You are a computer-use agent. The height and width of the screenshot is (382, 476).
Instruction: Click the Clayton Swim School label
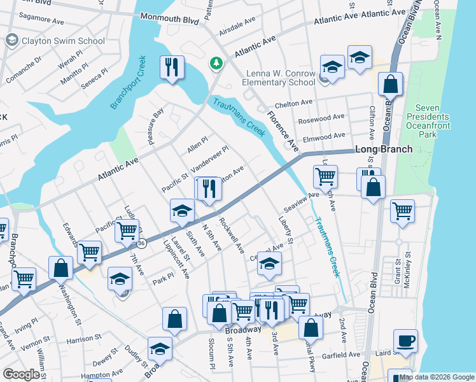tap(63, 41)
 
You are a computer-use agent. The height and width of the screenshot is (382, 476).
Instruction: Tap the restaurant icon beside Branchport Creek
tap(172, 67)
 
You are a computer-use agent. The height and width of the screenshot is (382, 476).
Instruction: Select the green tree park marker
tap(216, 64)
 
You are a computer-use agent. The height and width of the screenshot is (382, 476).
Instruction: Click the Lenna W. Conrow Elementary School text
tap(279, 78)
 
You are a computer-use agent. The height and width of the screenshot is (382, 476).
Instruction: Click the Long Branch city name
tap(384, 149)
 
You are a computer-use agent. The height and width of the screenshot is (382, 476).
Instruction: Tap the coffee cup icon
tap(405, 341)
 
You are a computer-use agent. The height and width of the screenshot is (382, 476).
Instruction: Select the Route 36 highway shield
tap(141, 243)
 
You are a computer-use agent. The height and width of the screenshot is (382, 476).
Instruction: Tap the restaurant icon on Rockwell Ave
tap(207, 189)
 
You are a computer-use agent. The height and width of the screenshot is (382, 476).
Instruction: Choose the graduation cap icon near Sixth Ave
tap(182, 211)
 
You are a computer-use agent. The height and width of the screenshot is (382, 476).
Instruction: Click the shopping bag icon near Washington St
tap(60, 269)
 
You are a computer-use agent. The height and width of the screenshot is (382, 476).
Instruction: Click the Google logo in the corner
tap(21, 374)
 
